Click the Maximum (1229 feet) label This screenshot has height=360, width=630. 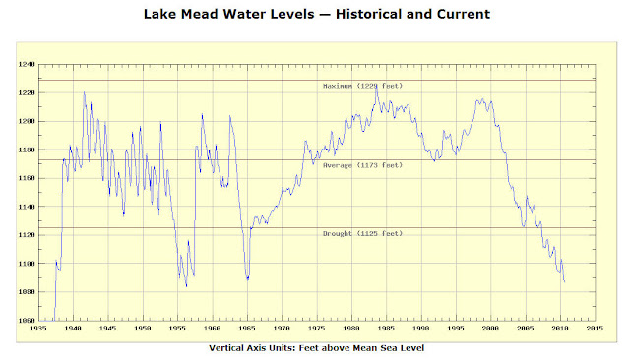point(362,86)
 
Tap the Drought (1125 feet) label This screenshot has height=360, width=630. point(362,233)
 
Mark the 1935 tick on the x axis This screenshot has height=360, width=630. point(36,330)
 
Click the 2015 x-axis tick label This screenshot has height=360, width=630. point(596,330)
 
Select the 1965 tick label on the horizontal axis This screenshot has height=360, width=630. point(246,330)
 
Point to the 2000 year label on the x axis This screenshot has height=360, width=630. point(491,330)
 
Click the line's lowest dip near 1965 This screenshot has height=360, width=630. point(247,279)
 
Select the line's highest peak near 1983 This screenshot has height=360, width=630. point(376,88)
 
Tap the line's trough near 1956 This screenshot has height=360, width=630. point(186,286)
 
